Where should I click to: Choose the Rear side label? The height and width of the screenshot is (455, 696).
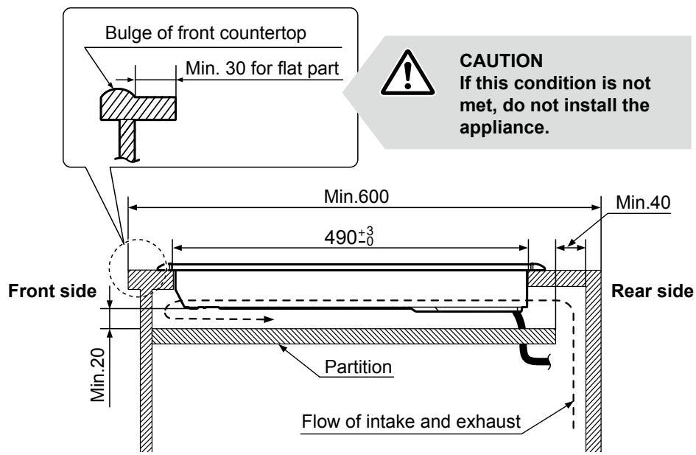[x=653, y=291]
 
